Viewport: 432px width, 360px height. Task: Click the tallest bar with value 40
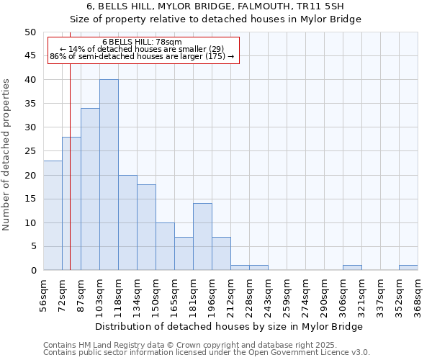click(x=109, y=175)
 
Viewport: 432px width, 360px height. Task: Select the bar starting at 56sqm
click(x=53, y=215)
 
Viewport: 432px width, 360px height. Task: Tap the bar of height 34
click(x=90, y=189)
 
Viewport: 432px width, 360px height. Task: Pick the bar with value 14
click(x=202, y=237)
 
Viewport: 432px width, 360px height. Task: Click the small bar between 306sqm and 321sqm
click(x=352, y=268)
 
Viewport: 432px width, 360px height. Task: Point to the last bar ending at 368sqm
click(x=408, y=268)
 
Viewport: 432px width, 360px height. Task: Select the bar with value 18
click(x=146, y=228)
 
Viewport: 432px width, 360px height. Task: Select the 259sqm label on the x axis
click(x=287, y=295)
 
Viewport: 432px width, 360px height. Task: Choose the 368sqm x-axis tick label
click(x=418, y=295)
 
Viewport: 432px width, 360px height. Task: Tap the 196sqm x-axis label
click(x=212, y=295)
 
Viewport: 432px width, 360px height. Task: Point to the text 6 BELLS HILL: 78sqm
click(x=142, y=42)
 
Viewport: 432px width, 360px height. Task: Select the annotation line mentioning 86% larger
click(x=142, y=56)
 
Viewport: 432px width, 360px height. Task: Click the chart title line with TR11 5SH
click(x=215, y=6)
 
